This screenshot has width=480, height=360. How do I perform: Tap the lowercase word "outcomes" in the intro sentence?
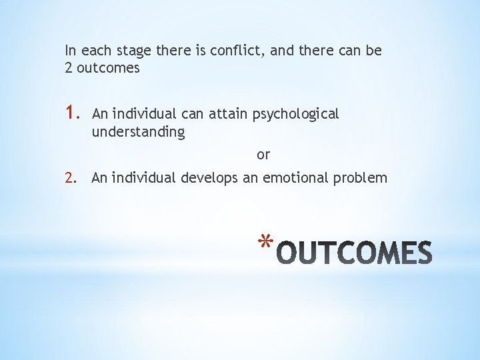pos(109,68)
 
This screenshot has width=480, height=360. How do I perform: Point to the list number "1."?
pos(73,114)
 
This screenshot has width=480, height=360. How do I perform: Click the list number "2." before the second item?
pos(72,177)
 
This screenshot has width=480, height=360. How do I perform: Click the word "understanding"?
pos(138,132)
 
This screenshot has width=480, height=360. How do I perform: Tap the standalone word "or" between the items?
pos(263,155)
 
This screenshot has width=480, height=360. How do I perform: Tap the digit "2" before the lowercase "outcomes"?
pos(69,68)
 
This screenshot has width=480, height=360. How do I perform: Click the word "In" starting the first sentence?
pos(71,51)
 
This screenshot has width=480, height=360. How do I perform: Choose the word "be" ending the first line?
pos(374,51)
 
